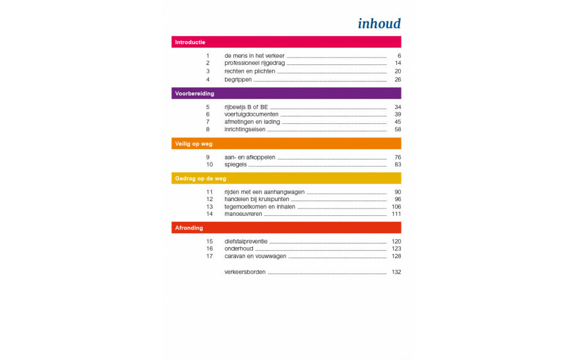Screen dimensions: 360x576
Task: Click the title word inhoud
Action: pos(379,24)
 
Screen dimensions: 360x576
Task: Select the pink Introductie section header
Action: pos(286,42)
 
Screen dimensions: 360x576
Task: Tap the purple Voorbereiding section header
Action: pos(286,93)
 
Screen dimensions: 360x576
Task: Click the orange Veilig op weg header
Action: pos(286,144)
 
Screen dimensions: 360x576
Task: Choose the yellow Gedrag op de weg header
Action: pos(286,178)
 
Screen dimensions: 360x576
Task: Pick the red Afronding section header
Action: pos(286,228)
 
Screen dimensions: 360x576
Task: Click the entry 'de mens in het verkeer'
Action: pos(254,56)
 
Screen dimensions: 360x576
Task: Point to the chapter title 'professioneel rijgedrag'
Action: pos(255,63)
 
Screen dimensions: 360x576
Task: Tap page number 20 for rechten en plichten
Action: pos(397,71)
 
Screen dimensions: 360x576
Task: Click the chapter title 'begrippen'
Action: pos(238,80)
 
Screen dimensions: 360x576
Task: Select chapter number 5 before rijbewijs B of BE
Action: pos(208,107)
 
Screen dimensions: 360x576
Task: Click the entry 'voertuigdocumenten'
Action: pos(251,114)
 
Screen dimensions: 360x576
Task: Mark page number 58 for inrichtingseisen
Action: pos(397,129)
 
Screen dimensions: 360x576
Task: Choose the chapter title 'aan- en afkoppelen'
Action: pos(250,157)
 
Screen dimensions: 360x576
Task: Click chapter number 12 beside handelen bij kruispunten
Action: pos(209,199)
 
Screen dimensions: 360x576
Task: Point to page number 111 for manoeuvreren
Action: pos(396,214)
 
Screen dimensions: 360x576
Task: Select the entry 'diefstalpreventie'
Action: pos(246,242)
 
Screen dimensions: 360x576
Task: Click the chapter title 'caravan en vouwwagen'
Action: pos(255,256)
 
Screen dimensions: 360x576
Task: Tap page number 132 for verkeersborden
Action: pos(396,272)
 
